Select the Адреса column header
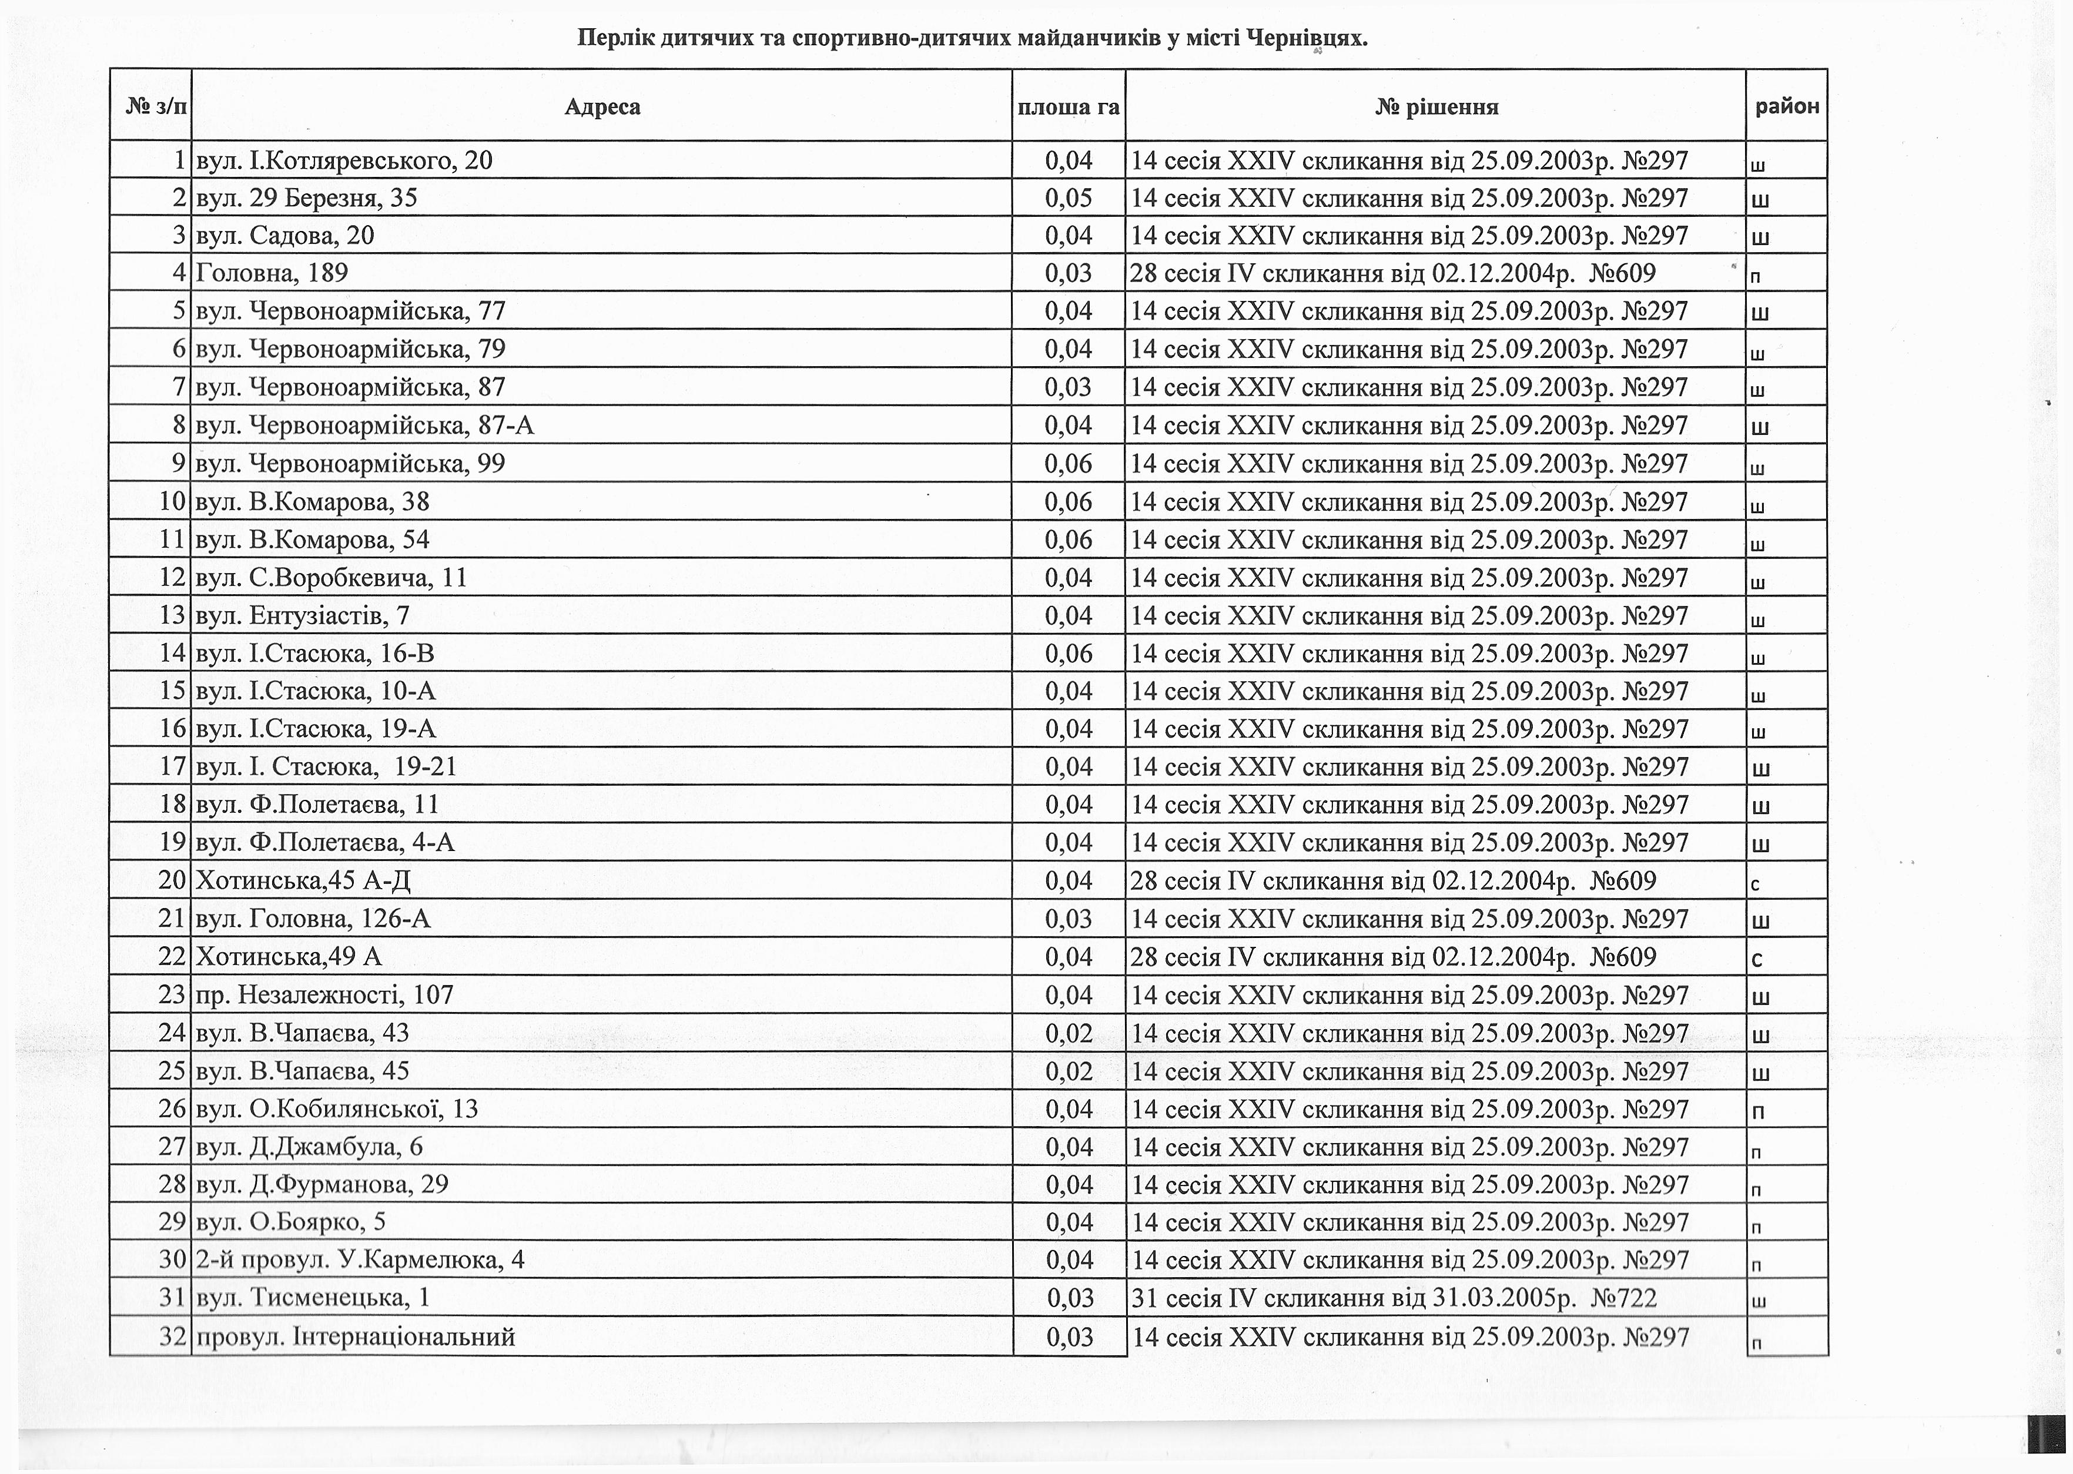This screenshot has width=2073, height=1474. (602, 107)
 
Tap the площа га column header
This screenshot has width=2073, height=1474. (1069, 107)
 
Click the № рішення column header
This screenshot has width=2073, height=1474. (1436, 107)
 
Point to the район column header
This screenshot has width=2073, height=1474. (1786, 106)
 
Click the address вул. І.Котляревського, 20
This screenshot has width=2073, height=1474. (344, 160)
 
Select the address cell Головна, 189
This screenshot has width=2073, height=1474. (272, 273)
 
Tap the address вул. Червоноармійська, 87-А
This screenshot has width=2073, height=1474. (365, 426)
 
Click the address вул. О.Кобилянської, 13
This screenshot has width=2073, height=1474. (337, 1109)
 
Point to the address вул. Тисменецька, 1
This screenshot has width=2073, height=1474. (313, 1298)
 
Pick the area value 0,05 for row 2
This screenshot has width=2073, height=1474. (1069, 199)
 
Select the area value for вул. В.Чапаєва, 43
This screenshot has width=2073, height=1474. (1069, 1033)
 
